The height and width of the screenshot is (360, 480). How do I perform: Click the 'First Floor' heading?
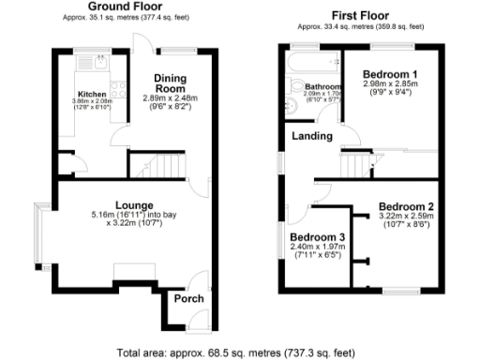[361, 15]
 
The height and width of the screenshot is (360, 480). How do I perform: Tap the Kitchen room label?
[92, 94]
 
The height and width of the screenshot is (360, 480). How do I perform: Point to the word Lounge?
[134, 204]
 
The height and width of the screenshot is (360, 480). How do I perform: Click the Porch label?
[188, 299]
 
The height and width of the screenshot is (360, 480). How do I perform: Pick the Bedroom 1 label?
[390, 74]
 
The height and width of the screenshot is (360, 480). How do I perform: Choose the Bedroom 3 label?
[316, 237]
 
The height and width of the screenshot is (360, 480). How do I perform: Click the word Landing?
[312, 137]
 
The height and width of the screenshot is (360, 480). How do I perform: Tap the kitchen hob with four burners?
[119, 90]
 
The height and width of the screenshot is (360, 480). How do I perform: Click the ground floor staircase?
[156, 167]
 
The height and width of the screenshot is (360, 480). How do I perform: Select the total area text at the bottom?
[236, 353]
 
